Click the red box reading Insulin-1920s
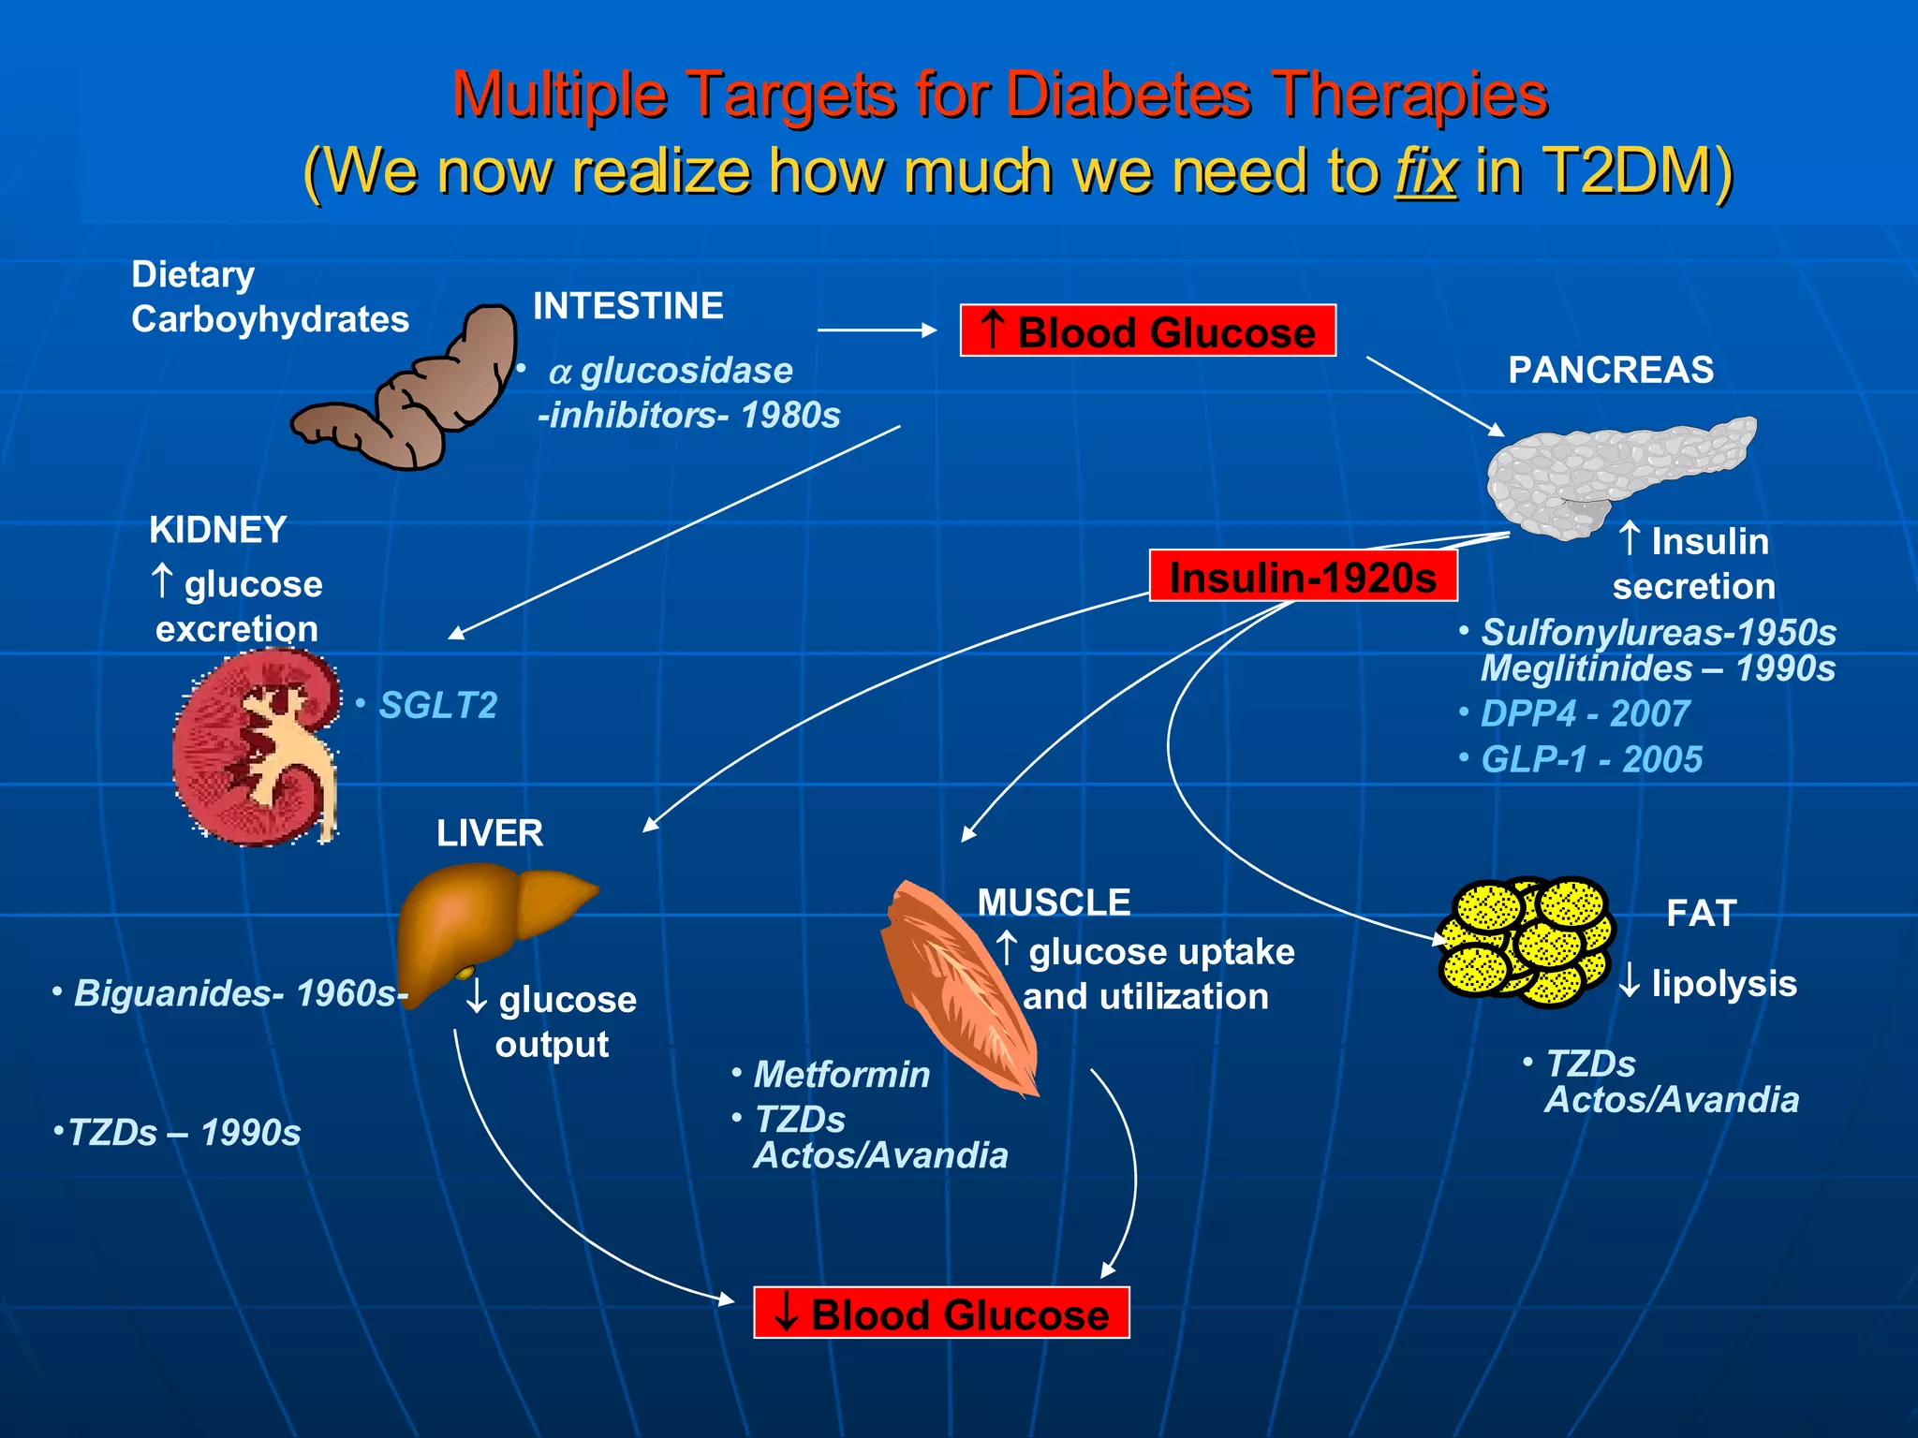1303,577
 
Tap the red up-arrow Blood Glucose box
1147,331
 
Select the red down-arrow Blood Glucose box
941,1313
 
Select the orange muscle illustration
955,983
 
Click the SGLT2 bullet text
437,706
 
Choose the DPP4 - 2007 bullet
1585,714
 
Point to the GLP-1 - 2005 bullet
1591,759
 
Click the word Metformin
842,1075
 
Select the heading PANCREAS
1611,370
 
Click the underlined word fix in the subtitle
1425,172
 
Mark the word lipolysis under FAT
1723,984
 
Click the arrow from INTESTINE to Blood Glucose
876,330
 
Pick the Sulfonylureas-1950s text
1658,633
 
